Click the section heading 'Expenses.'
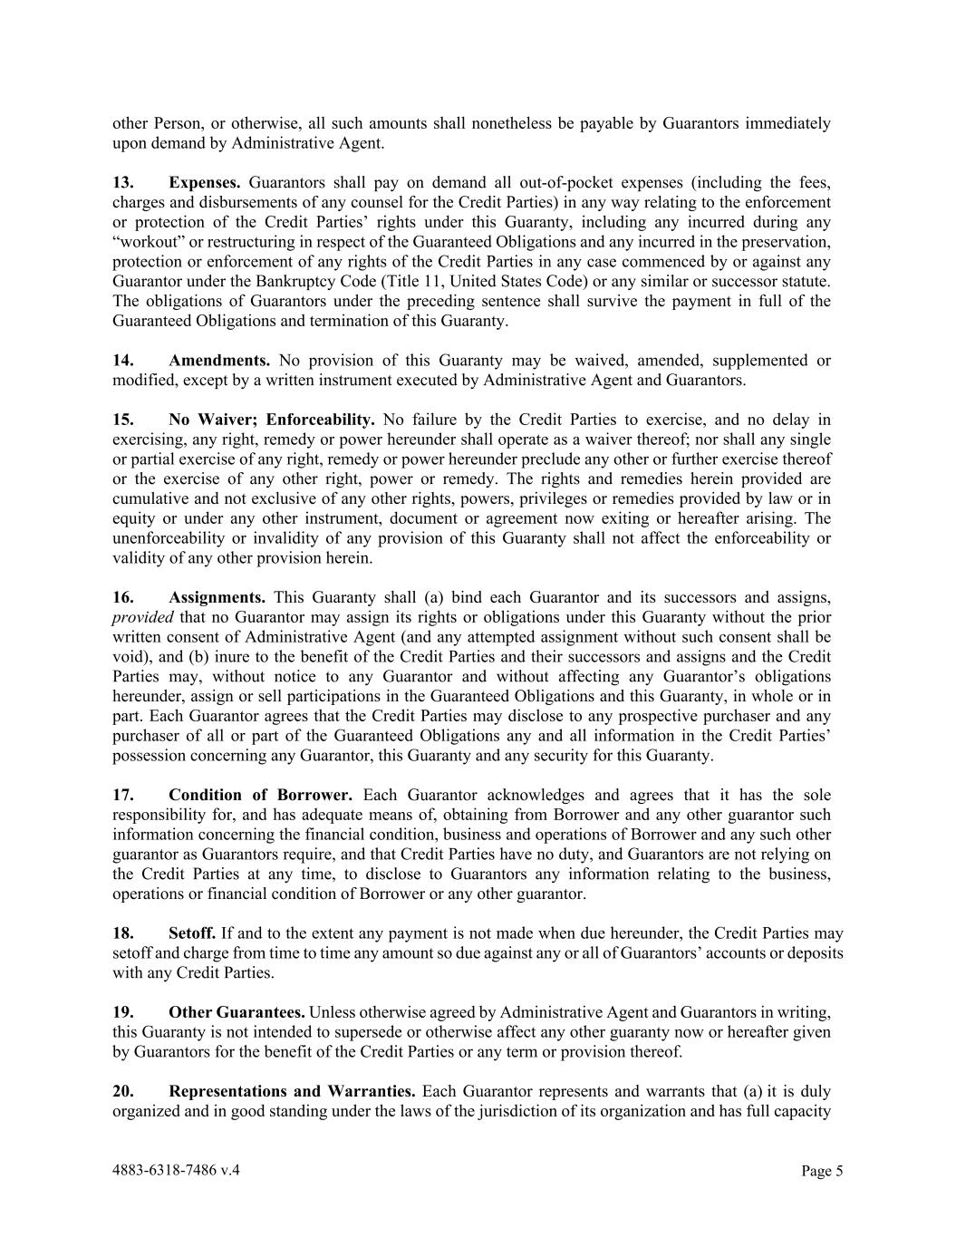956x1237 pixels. [204, 183]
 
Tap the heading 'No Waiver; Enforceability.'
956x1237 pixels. [272, 420]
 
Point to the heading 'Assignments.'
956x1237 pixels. [217, 597]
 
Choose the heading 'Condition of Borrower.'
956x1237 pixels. [261, 796]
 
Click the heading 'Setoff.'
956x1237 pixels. [192, 933]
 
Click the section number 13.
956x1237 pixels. [123, 183]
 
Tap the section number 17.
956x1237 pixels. [123, 796]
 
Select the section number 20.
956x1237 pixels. [123, 1091]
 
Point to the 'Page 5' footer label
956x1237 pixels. [822, 1171]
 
